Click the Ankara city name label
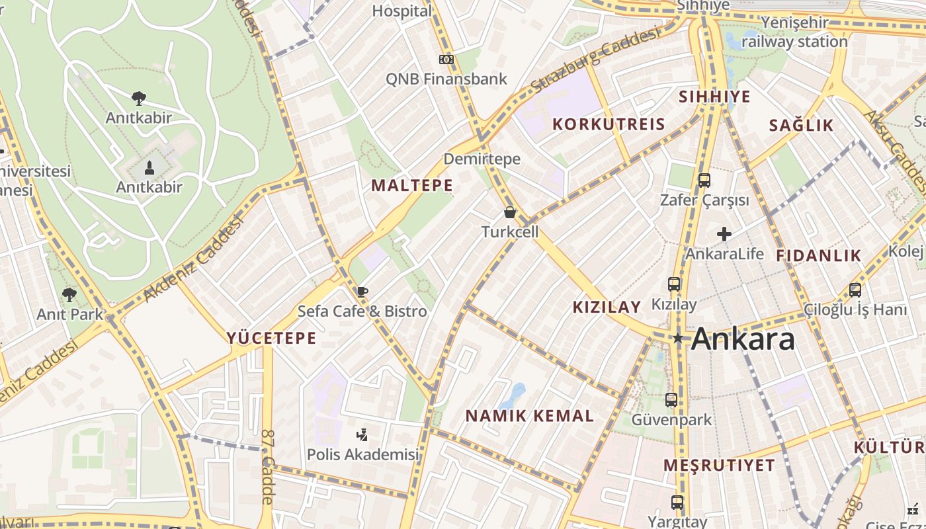[x=743, y=339]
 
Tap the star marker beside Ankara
[x=678, y=339]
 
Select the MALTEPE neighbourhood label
[x=412, y=186]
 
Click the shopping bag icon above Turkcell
[x=510, y=212]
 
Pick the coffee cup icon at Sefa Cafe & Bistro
[x=362, y=292]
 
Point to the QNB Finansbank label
[x=446, y=79]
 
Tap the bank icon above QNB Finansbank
[x=446, y=60]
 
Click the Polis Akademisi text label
[x=363, y=455]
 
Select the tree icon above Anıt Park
[x=69, y=294]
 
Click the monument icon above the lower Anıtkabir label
[x=149, y=168]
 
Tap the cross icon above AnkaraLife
[x=724, y=234]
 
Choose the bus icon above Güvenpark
[x=671, y=400]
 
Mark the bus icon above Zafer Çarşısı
[x=704, y=180]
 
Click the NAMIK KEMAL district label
[x=530, y=416]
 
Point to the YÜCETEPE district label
[x=272, y=339]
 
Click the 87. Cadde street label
[x=267, y=467]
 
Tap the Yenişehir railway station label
[x=794, y=32]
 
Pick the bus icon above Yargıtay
[x=677, y=503]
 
